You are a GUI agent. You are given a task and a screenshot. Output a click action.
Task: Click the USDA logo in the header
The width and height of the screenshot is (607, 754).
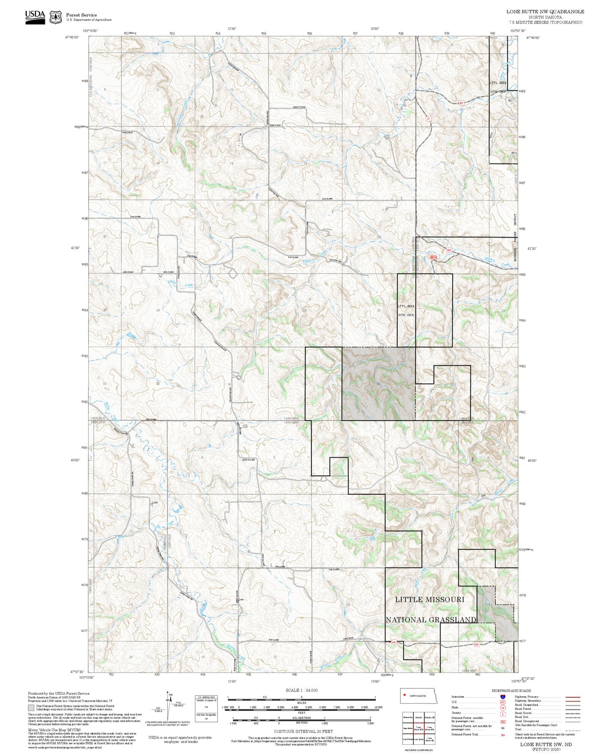click(x=35, y=16)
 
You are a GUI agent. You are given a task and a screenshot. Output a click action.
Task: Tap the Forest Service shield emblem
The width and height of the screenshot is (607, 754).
click(x=55, y=17)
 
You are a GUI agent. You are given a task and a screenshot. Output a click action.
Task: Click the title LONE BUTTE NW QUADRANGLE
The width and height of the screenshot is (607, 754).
click(x=545, y=12)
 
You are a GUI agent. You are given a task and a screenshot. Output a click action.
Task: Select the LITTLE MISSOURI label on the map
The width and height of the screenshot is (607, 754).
click(x=429, y=599)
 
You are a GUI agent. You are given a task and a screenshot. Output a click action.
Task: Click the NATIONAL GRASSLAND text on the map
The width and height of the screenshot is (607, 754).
click(x=431, y=620)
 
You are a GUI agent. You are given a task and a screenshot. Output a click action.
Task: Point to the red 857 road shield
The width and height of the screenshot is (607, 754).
click(x=461, y=103)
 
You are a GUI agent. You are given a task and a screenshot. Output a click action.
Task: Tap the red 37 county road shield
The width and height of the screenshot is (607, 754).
click(x=428, y=119)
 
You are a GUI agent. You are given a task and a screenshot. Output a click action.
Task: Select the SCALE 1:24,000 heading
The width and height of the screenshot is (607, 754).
click(x=301, y=690)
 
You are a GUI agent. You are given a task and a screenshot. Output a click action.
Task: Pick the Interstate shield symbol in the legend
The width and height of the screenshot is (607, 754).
click(x=503, y=697)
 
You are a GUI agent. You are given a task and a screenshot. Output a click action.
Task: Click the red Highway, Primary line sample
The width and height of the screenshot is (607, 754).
click(x=573, y=697)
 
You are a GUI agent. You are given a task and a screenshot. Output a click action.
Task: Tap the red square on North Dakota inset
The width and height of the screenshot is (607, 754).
click(x=405, y=696)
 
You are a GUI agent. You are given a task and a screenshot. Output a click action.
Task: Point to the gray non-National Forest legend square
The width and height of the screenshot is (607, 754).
click(x=31, y=708)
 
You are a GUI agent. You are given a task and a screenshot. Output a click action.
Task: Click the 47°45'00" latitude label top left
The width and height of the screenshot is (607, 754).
click(x=73, y=37)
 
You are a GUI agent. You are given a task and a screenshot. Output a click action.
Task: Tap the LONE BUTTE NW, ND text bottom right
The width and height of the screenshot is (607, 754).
click(x=546, y=744)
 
